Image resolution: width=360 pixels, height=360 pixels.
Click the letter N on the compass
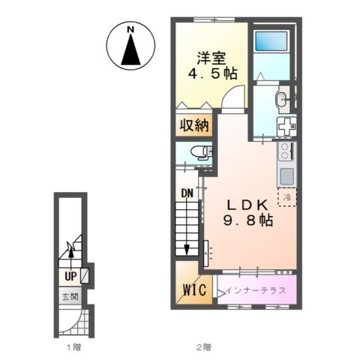tap(130, 30)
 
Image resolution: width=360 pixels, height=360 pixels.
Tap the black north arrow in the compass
tap(130, 50)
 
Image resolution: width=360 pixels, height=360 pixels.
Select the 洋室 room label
tap(211, 58)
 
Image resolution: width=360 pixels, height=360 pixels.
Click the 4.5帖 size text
tap(212, 73)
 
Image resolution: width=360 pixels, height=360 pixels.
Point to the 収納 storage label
tap(194, 125)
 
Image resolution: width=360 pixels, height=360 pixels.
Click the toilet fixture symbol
tap(201, 153)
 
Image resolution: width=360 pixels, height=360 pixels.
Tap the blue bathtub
tap(271, 41)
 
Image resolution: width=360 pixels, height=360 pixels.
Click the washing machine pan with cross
tap(286, 127)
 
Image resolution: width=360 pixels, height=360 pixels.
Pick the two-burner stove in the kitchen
tap(286, 151)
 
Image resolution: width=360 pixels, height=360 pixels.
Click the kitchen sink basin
tap(286, 176)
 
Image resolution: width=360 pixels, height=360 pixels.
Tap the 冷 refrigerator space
tap(287, 197)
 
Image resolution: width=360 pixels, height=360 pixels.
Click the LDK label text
tap(247, 205)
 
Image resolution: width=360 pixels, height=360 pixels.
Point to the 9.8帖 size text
tap(248, 220)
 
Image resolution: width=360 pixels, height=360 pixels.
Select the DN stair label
tap(187, 193)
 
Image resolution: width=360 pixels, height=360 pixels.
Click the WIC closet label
tap(195, 289)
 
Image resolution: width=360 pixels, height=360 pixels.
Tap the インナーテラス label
tap(255, 290)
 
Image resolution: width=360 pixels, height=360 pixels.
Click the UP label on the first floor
tap(70, 276)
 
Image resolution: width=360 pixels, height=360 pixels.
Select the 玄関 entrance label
tap(70, 297)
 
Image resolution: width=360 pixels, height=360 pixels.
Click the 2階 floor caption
tap(203, 347)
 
